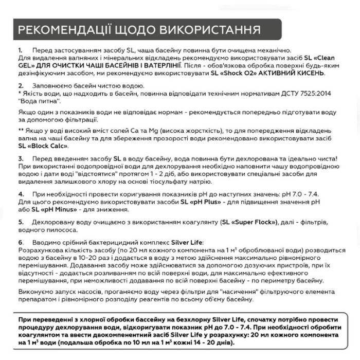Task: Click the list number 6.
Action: pyautogui.click(x=21, y=242)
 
